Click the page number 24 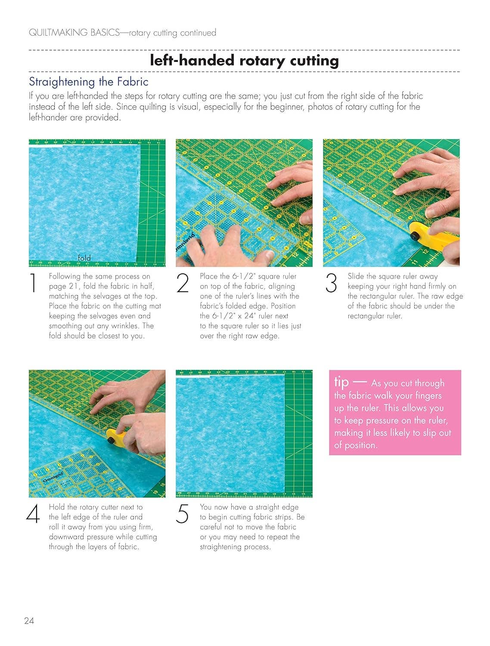pyautogui.click(x=29, y=621)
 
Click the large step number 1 pyautogui.click(x=33, y=283)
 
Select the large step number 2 pyautogui.click(x=183, y=283)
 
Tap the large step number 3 pyautogui.click(x=331, y=283)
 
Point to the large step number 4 pyautogui.click(x=33, y=513)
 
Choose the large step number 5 pyautogui.click(x=182, y=513)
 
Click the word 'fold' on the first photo pyautogui.click(x=84, y=258)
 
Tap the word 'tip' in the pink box pyautogui.click(x=341, y=382)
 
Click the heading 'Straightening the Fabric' pyautogui.click(x=89, y=82)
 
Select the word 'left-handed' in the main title pyautogui.click(x=192, y=61)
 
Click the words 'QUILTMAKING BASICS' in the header pyautogui.click(x=74, y=32)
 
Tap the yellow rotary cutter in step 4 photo pyautogui.click(x=118, y=438)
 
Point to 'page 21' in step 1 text pyautogui.click(x=64, y=286)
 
